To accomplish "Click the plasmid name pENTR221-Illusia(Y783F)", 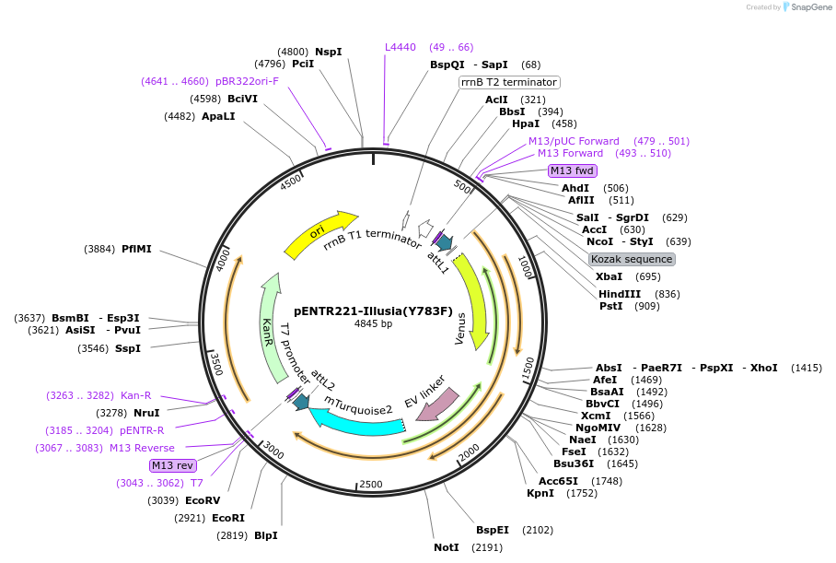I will (x=373, y=311).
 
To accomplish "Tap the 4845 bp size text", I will (x=373, y=323).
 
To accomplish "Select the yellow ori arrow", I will (x=319, y=235).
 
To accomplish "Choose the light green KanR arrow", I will (x=271, y=328).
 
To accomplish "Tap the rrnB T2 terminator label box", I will (x=509, y=82).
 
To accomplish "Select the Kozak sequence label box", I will (x=632, y=259).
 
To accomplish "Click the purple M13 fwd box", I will (x=572, y=170).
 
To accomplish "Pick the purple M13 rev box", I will (x=173, y=465).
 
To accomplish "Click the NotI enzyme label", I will (x=447, y=547).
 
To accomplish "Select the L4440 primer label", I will (x=400, y=47).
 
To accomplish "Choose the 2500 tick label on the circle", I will (x=370, y=484).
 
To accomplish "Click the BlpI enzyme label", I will (x=265, y=535).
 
